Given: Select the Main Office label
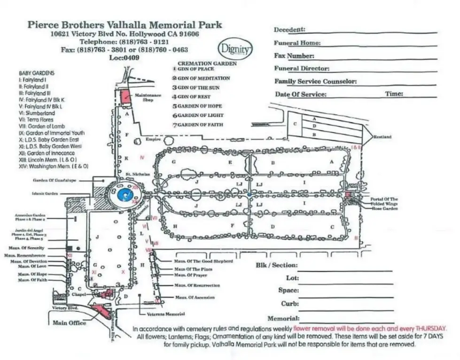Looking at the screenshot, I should [x=69, y=323].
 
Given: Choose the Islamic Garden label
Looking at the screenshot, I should [x=44, y=193].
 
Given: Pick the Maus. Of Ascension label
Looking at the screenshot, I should [x=195, y=298].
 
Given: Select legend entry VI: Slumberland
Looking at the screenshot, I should [x=37, y=113].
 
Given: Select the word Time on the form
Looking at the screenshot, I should [x=394, y=94].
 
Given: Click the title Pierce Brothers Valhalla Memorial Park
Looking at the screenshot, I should [x=125, y=24].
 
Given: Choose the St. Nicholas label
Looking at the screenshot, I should [x=137, y=174].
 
